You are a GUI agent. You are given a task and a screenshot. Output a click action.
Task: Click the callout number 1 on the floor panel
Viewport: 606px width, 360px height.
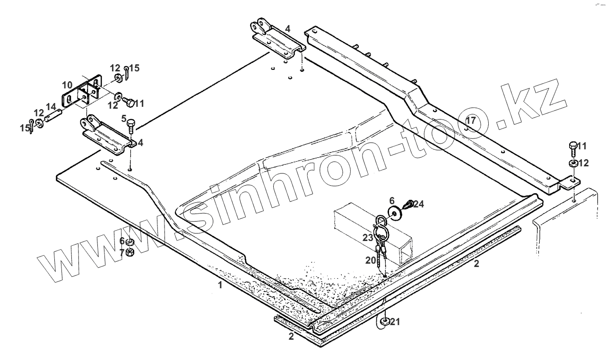click(220, 285)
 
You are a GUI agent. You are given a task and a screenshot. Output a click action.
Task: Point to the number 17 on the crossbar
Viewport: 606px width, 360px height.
click(470, 120)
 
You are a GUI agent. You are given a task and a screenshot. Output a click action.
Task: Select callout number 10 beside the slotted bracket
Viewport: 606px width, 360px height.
click(67, 85)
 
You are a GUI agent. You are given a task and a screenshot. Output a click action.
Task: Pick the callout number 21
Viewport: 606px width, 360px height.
click(395, 322)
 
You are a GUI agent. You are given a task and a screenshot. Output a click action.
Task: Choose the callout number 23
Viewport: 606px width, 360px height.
click(368, 238)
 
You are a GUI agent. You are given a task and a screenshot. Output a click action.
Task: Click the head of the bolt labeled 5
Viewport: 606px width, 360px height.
click(131, 123)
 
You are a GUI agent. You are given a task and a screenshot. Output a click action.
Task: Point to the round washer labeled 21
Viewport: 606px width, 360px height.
click(385, 322)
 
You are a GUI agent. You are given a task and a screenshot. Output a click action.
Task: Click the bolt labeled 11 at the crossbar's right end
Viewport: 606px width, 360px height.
click(572, 147)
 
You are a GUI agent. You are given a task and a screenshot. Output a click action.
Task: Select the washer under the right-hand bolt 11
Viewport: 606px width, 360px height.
click(572, 163)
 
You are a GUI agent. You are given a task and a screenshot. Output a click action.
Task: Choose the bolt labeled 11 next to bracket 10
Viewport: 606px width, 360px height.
click(126, 102)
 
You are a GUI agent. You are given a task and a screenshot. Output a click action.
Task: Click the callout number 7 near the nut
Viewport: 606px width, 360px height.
click(122, 253)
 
